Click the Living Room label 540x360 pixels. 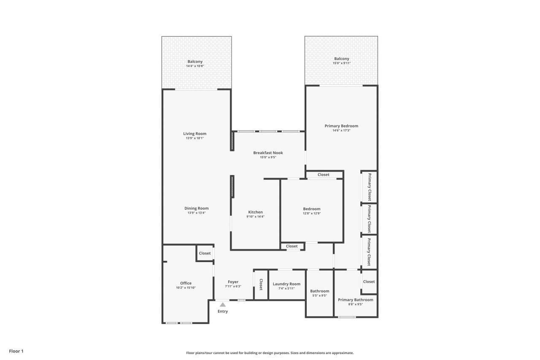tap(194, 134)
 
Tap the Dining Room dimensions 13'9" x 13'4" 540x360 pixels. tap(196, 213)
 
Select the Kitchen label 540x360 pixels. tap(255, 212)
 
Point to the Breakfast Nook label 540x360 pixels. tap(268, 153)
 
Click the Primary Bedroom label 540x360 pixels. tap(341, 126)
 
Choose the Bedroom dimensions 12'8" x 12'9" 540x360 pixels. tap(311, 214)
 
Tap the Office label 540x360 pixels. tap(186, 283)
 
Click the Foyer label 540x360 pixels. tap(233, 282)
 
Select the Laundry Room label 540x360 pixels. tap(286, 284)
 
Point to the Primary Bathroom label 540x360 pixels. tap(355, 300)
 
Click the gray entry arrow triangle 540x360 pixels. tap(222, 304)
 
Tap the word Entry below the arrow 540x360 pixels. tap(222, 311)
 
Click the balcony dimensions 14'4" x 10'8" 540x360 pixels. tap(195, 66)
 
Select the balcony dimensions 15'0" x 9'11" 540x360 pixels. tap(341, 63)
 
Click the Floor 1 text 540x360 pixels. tap(16, 351)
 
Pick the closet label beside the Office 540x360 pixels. tap(205, 253)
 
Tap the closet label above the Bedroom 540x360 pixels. tap(324, 175)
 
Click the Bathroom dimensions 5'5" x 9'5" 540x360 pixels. tap(319, 296)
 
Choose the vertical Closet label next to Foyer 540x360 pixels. tap(261, 284)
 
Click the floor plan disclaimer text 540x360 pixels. tap(270, 353)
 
